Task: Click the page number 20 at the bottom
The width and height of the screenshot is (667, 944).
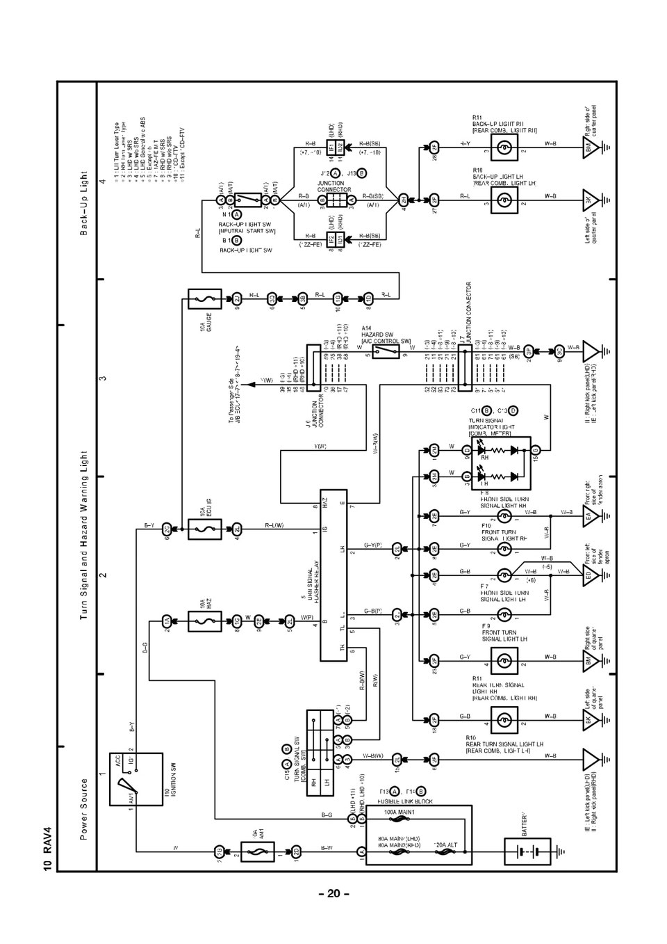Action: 333,893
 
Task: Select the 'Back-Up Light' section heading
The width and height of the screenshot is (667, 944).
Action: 83,202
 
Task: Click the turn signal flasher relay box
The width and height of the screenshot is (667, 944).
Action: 333,575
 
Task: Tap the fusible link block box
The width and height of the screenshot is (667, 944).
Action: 418,835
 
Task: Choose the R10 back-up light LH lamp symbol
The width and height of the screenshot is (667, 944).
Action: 505,198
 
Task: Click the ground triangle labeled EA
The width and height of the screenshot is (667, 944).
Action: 591,516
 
